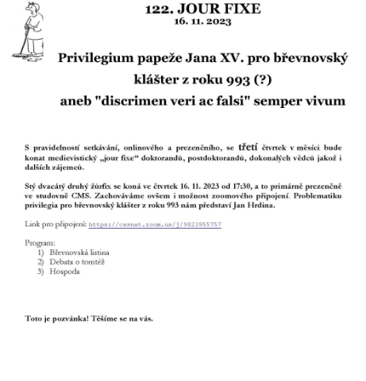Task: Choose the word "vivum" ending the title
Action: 323,102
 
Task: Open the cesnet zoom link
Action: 155,225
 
